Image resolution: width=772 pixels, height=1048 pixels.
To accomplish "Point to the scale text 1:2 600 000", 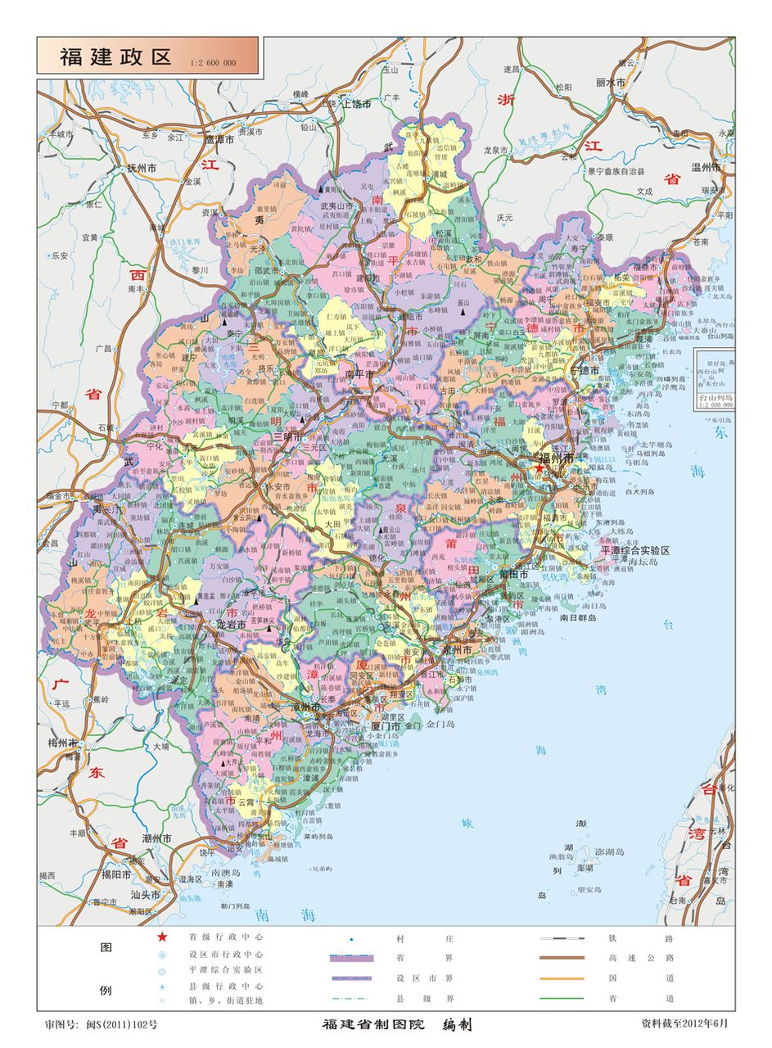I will [213, 63].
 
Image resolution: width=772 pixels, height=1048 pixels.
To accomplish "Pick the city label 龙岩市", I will [232, 625].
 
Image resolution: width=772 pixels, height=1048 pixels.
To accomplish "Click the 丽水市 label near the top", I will [611, 83].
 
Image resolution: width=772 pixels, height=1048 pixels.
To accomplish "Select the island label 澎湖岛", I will [610, 851].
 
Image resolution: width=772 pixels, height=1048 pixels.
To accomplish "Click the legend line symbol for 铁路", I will [562, 938].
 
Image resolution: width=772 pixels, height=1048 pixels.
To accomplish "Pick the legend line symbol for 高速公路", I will [562, 958].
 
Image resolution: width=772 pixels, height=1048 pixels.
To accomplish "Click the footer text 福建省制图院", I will [373, 1025].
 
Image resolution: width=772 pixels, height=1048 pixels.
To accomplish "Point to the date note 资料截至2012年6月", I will [684, 1023].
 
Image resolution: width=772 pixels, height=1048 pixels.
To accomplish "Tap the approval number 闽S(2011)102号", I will [101, 1024].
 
